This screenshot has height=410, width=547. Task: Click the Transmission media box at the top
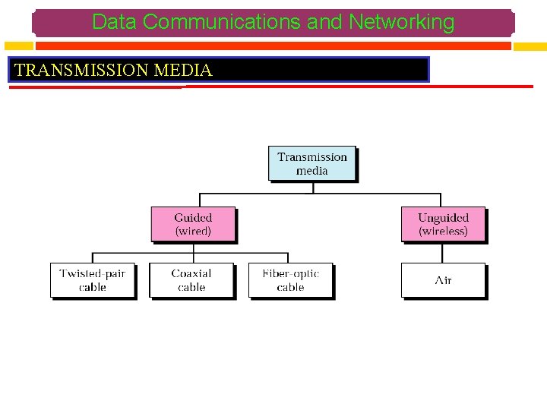pyautogui.click(x=311, y=163)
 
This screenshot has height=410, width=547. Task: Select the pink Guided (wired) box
pyautogui.click(x=193, y=224)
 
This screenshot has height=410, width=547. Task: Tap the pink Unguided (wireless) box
pyautogui.click(x=443, y=224)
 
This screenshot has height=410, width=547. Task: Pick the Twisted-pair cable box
pyautogui.click(x=92, y=280)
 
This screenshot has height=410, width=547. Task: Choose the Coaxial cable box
pyautogui.click(x=191, y=280)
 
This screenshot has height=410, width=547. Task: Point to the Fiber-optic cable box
pyautogui.click(x=290, y=280)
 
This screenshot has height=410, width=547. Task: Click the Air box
pyautogui.click(x=443, y=280)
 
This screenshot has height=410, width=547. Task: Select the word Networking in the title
pyautogui.click(x=401, y=23)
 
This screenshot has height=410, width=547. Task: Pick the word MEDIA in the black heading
pyautogui.click(x=182, y=71)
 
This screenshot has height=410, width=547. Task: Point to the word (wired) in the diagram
pyautogui.click(x=193, y=231)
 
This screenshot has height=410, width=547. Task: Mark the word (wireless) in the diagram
pyautogui.click(x=443, y=231)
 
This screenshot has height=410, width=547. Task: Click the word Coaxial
pyautogui.click(x=191, y=273)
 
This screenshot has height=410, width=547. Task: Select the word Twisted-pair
pyautogui.click(x=92, y=273)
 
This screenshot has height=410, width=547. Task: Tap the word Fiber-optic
pyautogui.click(x=290, y=273)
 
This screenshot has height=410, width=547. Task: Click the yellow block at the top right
pyautogui.click(x=530, y=46)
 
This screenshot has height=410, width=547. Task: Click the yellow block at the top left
pyautogui.click(x=16, y=46)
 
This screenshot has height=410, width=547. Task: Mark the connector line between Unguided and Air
pyautogui.click(x=443, y=253)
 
